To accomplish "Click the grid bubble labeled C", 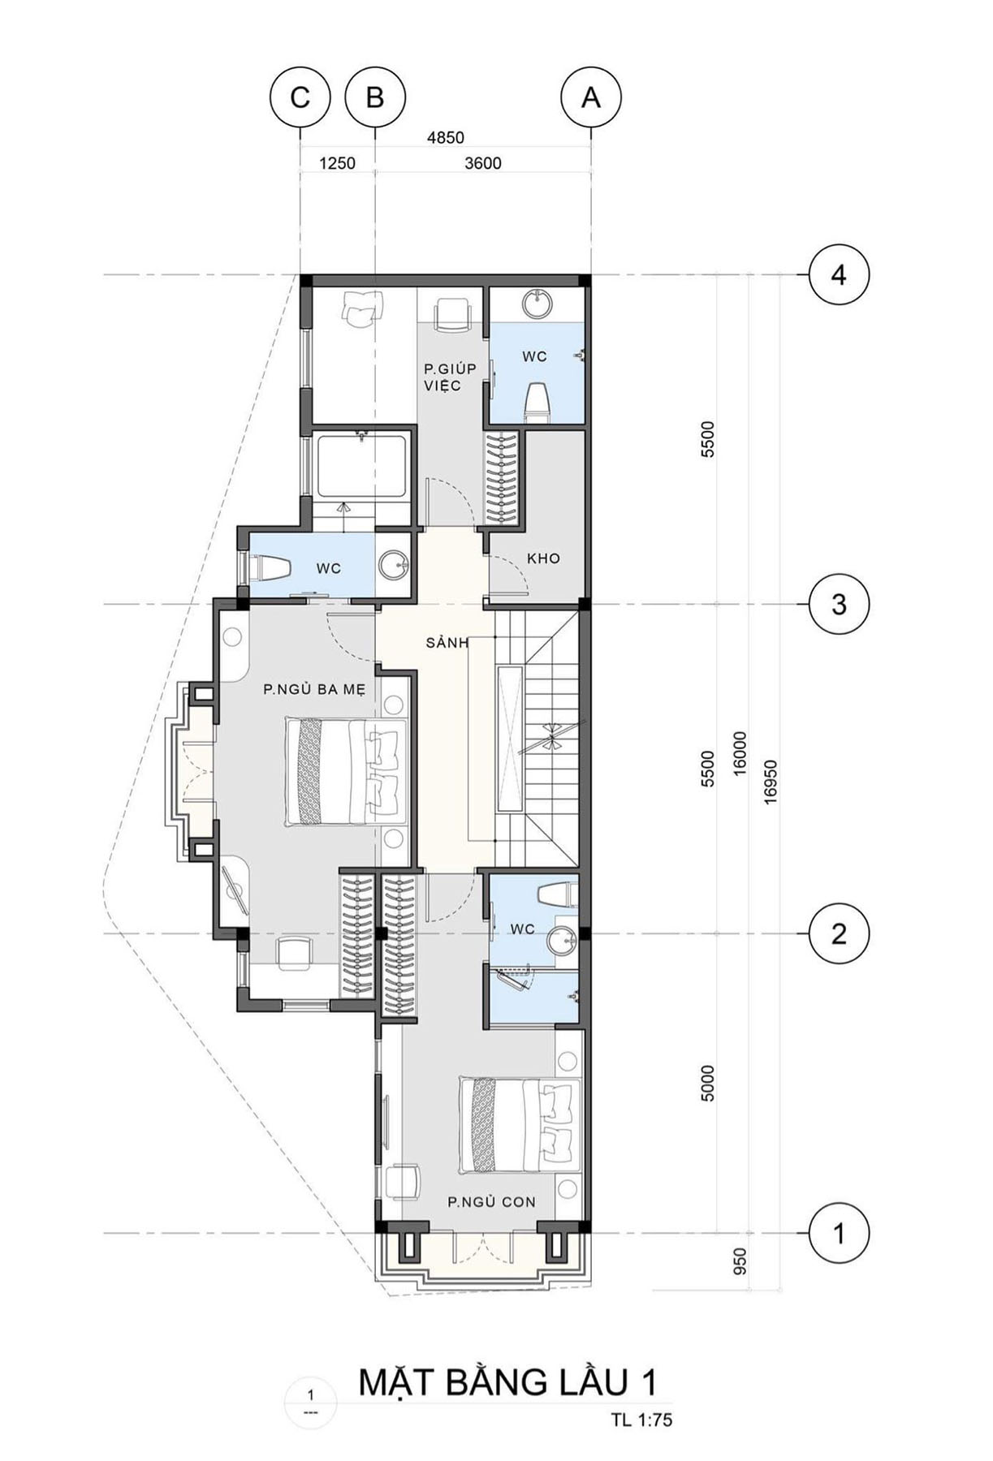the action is click(300, 97).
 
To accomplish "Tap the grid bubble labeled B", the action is click(375, 97).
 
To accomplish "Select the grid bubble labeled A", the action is click(591, 97).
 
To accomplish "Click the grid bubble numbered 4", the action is click(839, 275).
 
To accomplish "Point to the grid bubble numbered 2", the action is click(839, 933).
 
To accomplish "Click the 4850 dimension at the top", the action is click(446, 138).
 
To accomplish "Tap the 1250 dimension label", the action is click(337, 163).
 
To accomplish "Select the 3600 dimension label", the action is click(483, 163).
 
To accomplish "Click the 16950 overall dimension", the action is click(771, 782).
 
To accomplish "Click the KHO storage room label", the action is click(543, 558).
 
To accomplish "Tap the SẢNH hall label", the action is click(447, 643).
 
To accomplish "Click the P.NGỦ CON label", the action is click(492, 1201).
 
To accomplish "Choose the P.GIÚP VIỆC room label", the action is click(449, 377).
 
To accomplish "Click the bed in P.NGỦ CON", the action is click(520, 1124).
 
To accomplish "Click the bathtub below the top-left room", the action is click(362, 468).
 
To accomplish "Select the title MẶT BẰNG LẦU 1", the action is click(508, 1382).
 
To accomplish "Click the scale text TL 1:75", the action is click(642, 1420).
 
